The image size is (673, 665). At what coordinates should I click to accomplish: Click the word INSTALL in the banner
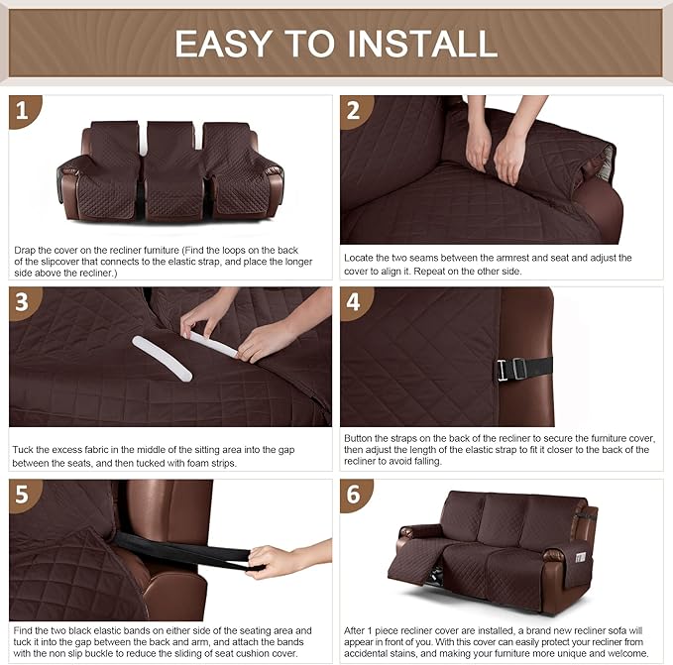[418, 43]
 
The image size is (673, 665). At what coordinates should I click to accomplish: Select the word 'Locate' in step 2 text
[362, 258]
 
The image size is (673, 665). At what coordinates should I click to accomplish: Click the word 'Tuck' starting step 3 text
[25, 450]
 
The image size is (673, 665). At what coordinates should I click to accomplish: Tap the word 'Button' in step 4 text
[362, 437]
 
